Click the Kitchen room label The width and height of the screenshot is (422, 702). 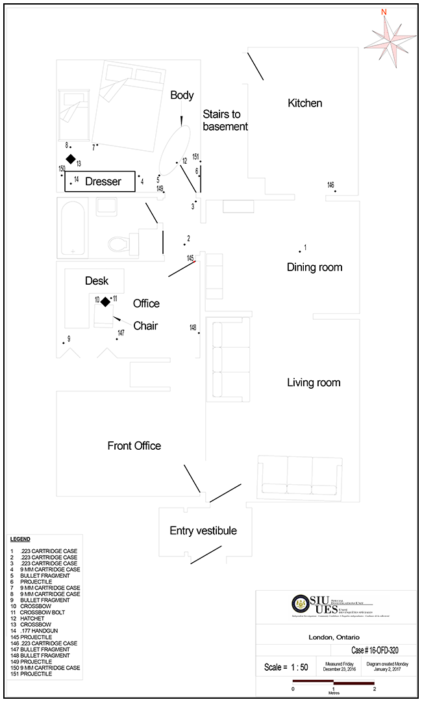pos(304,103)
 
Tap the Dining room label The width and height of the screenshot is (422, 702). pos(314,267)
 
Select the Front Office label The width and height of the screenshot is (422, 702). pos(134,445)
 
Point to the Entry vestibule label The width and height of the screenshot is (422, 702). pos(203,530)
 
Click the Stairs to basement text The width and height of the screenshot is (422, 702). pos(225,120)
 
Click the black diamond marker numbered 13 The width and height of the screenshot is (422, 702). pos(70,159)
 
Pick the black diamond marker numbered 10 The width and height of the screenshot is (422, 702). pos(105,300)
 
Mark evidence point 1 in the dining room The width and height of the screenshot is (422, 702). pos(300,251)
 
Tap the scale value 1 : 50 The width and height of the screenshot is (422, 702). pos(286,668)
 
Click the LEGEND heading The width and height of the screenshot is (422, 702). pos(20,539)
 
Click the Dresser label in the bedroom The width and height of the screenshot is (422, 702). pos(103,182)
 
